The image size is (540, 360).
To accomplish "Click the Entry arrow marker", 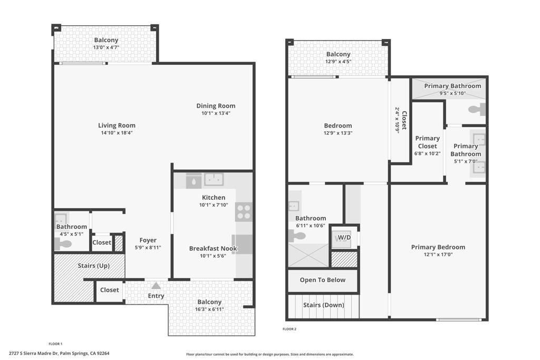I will (x=156, y=286).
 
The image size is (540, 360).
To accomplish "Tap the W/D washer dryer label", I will (x=344, y=238).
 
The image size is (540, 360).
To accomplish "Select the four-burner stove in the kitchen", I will (x=244, y=212).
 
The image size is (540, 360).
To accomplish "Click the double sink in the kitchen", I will (x=214, y=180).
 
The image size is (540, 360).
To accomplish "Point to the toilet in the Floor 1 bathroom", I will (x=63, y=244).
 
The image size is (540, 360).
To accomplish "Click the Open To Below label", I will (x=322, y=280).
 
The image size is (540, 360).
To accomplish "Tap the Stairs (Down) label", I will (x=323, y=305).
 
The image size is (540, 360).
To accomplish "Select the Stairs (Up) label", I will (x=93, y=266).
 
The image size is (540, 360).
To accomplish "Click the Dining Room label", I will (x=216, y=106).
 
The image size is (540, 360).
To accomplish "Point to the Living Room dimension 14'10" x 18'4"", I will (x=117, y=133).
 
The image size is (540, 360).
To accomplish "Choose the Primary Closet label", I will (x=427, y=142).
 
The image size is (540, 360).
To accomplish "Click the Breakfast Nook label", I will (x=213, y=249).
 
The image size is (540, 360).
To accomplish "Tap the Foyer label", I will (x=148, y=240).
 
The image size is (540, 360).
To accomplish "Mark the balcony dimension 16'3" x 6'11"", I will (x=209, y=309).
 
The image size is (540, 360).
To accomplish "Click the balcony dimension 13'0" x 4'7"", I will (x=106, y=47).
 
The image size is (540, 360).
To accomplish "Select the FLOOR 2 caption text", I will (x=290, y=329).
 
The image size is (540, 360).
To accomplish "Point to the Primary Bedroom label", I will (x=438, y=247).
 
